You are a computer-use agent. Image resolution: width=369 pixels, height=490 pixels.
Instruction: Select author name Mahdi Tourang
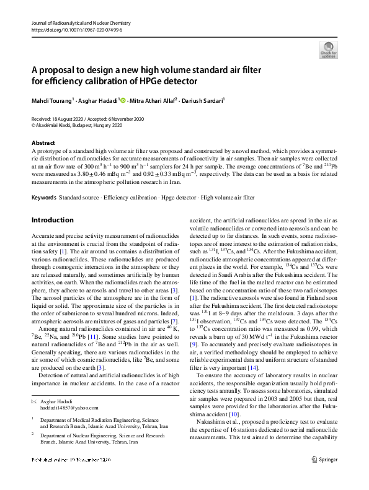tap(51, 100)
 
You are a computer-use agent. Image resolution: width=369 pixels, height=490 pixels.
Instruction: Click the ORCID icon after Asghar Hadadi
tap(123, 100)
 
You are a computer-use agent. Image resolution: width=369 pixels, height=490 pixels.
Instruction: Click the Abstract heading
tap(43, 142)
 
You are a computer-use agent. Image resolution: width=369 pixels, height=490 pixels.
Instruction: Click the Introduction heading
tap(52, 220)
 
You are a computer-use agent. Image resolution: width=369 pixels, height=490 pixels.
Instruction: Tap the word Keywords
tap(43, 197)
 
